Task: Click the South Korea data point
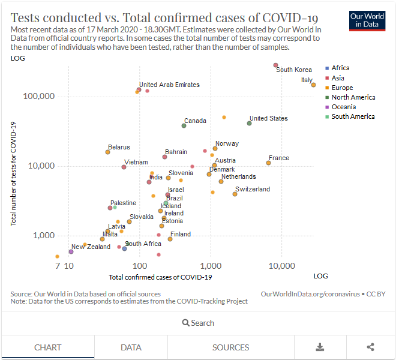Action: coord(275,65)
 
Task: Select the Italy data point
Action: coord(313,85)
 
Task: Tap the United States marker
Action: coord(249,123)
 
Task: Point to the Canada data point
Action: coord(184,125)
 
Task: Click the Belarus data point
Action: coord(107,152)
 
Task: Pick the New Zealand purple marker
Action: coord(71,252)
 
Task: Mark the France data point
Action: coord(268,163)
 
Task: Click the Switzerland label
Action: coord(253,189)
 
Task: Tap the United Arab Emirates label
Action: coord(169,85)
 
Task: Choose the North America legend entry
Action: coord(353,97)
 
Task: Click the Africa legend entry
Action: coord(340,68)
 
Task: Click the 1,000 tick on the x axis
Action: coord(210,265)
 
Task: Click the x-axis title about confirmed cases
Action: coord(160,277)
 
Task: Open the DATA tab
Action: coord(131,347)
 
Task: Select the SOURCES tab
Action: coord(230,347)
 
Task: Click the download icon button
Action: coord(320,347)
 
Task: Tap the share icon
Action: coord(370,347)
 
